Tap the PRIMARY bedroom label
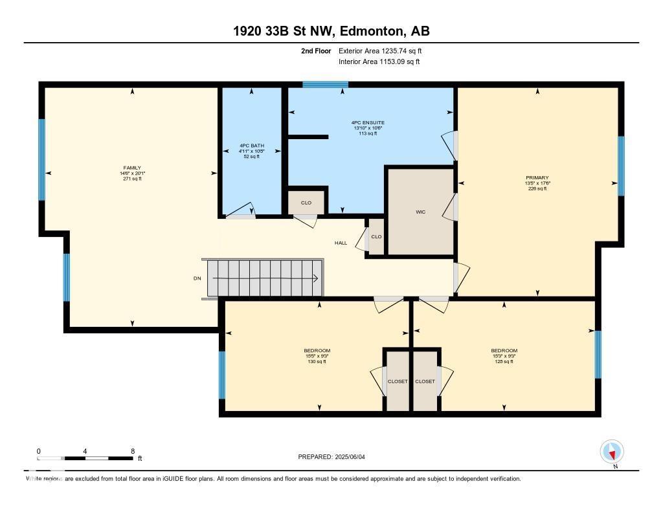pyautogui.click(x=537, y=177)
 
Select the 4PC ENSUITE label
pyautogui.click(x=369, y=122)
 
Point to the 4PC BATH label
pyautogui.click(x=251, y=146)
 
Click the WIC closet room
pyautogui.click(x=420, y=211)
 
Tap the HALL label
pyautogui.click(x=341, y=243)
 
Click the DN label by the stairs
pyautogui.click(x=197, y=278)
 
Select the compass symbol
pyautogui.click(x=611, y=451)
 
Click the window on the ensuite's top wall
pyautogui.click(x=325, y=84)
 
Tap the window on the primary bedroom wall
pyautogui.click(x=620, y=166)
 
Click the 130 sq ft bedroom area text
pyautogui.click(x=317, y=362)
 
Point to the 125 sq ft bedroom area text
pyautogui.click(x=504, y=362)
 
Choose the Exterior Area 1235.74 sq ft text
pyautogui.click(x=380, y=50)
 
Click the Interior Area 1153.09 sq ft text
pyautogui.click(x=379, y=61)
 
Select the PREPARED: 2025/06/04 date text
pyautogui.click(x=335, y=456)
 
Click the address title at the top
pyautogui.click(x=331, y=31)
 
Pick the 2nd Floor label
pyautogui.click(x=317, y=50)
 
